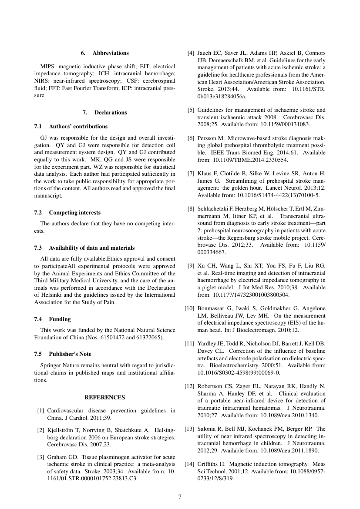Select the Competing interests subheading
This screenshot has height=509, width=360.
click(74, 212)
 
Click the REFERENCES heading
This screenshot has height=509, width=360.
click(104, 397)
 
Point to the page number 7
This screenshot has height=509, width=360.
click(180, 496)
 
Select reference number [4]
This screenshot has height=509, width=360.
click(191, 53)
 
